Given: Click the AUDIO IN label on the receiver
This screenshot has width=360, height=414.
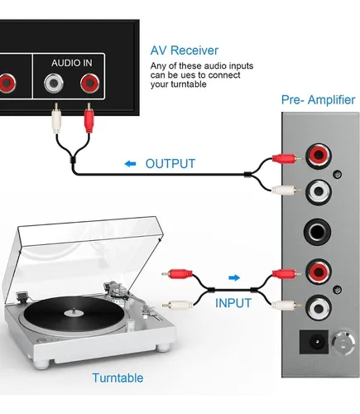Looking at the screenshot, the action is tap(72, 63).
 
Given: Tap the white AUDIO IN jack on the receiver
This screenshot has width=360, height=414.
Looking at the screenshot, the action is tap(54, 83).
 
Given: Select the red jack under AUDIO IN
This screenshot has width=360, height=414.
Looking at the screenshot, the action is tap(90, 83).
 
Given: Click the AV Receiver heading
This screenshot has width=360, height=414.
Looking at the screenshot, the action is tap(185, 51).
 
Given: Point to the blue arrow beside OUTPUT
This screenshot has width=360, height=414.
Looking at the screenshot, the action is tap(130, 164).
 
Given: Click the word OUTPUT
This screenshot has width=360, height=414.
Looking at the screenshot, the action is tap(170, 164).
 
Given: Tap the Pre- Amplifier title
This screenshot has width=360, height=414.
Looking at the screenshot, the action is tap(318, 99).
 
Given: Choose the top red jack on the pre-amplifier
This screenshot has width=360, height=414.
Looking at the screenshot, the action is tap(318, 155).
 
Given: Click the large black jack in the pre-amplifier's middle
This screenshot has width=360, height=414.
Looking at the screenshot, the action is tap(317, 232).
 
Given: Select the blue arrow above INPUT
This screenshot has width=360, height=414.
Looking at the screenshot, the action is tap(234, 277).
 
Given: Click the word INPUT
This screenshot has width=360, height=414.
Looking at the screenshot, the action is tap(233, 303).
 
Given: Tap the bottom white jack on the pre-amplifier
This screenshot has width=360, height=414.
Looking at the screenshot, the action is tap(318, 308).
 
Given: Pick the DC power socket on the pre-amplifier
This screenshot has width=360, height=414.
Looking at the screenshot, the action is tap(314, 342).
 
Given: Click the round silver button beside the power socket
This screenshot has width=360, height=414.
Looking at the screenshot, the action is tap(343, 343).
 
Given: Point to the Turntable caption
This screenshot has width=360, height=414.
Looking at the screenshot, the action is tap(118, 378).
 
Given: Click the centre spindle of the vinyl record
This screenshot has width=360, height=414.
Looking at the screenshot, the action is tap(74, 311).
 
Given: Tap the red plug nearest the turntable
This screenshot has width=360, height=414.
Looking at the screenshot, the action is tap(177, 274).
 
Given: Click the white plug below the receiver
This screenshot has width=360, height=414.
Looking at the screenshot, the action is tap(56, 118).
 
